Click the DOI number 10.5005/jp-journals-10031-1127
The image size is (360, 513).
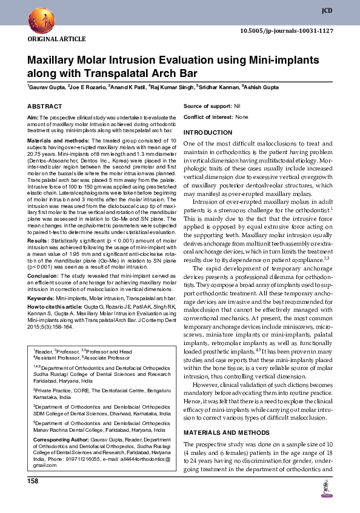pyautogui.click(x=287, y=30)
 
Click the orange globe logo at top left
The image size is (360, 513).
pyautogui.click(x=38, y=20)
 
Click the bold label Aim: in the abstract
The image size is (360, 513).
pyautogui.click(x=33, y=116)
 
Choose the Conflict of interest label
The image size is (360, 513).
pyautogui.click(x=208, y=116)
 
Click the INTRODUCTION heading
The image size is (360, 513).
pyautogui.click(x=212, y=132)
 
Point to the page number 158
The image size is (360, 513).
pyautogui.click(x=33, y=481)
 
